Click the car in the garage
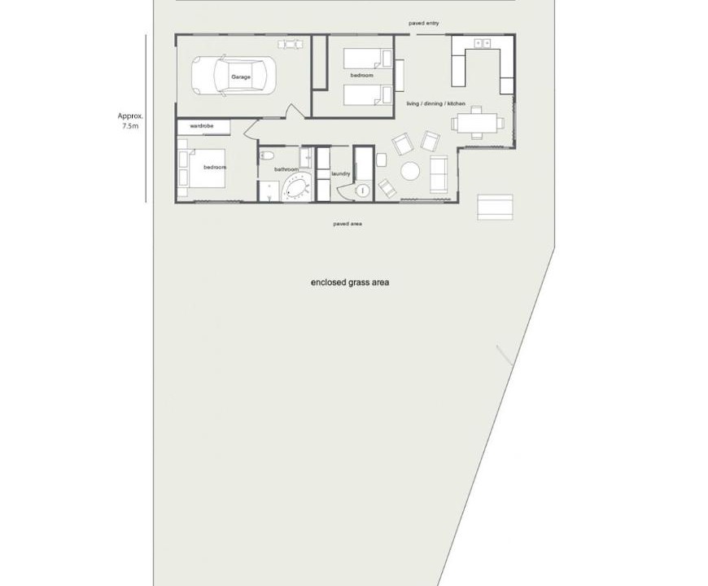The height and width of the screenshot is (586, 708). (233, 76)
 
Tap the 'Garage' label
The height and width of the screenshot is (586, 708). (241, 77)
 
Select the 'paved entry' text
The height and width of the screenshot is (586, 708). (423, 23)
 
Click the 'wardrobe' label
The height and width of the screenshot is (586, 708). (201, 126)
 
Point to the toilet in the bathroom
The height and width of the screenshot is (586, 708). (267, 155)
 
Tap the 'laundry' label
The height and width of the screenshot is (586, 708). (340, 174)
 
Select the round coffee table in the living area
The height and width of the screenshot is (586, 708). (410, 172)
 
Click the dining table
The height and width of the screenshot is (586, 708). (477, 123)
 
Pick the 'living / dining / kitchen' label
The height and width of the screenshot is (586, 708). (435, 103)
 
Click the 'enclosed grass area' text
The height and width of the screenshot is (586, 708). (350, 282)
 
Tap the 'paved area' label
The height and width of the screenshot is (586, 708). (347, 224)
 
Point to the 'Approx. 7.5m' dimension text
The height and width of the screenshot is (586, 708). (130, 121)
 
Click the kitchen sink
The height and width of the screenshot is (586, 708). (483, 43)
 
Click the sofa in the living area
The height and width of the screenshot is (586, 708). (439, 174)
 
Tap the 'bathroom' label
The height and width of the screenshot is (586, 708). (286, 169)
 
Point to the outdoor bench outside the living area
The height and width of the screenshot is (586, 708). (496, 208)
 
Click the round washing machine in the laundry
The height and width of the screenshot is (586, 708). (362, 191)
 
